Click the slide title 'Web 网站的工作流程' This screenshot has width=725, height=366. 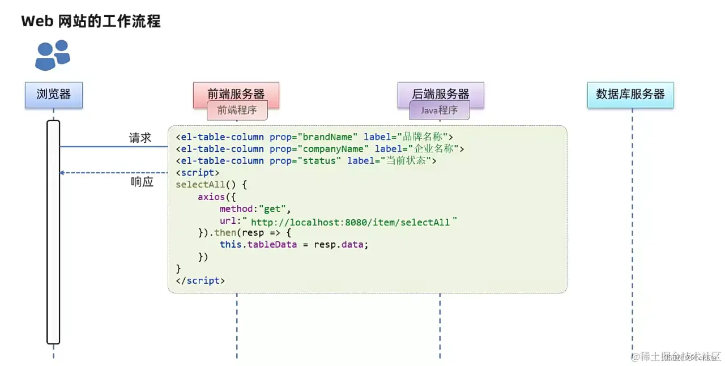pos(91,22)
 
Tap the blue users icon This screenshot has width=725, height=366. pos(52,55)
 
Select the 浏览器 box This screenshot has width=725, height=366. pos(54,95)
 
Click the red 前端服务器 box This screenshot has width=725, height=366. pos(236,93)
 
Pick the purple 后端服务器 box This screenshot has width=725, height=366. pos(441,93)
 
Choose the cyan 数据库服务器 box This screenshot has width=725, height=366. pos(630,94)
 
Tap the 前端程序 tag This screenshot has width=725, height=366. pos(237,110)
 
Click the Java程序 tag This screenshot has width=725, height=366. pos(440,110)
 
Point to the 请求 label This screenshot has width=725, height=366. pos(140,138)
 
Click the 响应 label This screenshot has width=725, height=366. pos(142,182)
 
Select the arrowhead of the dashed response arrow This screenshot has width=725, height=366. pos(62,172)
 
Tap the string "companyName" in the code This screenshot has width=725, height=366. pos(337,148)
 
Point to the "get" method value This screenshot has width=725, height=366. pos(272,208)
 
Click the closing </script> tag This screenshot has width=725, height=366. pos(201,280)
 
